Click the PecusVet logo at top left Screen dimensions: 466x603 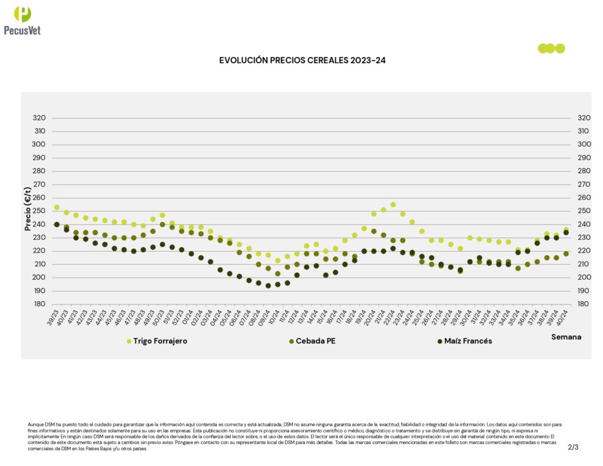pos(22,21)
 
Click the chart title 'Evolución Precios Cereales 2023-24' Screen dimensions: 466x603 pos(302,60)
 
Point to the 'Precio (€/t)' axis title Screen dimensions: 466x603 pos(28,209)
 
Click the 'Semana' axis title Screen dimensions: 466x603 pos(566,337)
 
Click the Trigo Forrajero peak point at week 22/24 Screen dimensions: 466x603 pos(393,204)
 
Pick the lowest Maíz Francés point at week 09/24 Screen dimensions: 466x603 pos(268,286)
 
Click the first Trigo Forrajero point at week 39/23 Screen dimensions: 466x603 pos(57,207)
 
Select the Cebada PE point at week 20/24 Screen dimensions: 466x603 pos(373,231)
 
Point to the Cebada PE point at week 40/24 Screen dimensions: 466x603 pos(566,253)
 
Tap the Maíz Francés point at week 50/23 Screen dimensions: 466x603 pos(163,244)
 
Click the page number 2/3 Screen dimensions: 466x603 pos(573,447)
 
